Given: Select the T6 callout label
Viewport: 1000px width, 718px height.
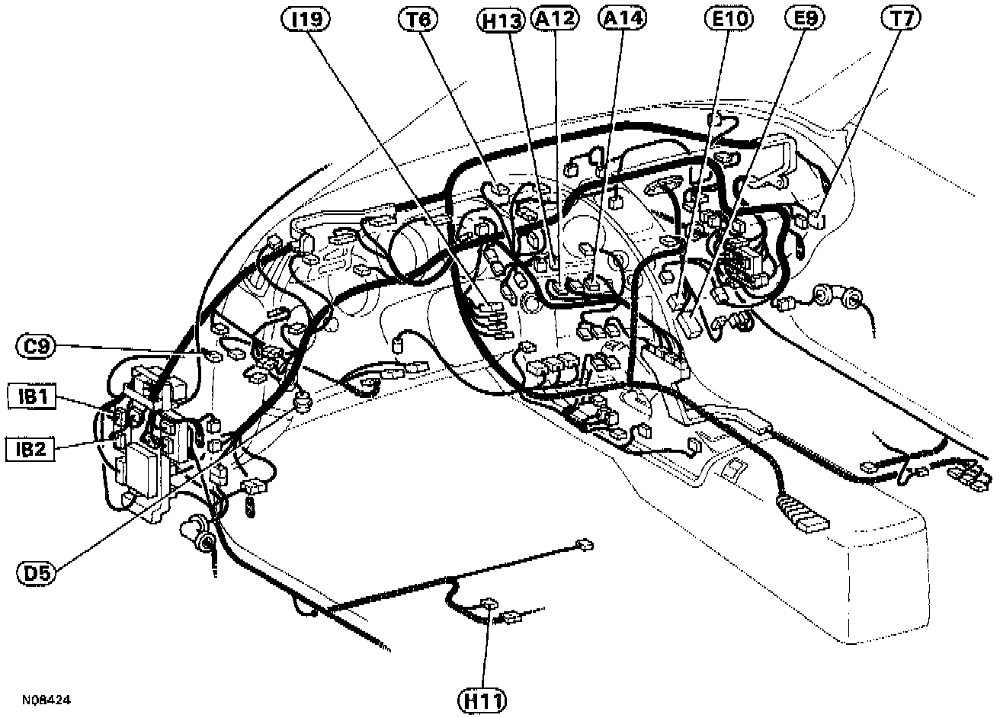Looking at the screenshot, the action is point(417,19).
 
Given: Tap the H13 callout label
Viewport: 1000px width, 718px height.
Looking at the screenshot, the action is point(505,21).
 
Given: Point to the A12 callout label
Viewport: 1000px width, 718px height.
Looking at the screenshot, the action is point(556,19).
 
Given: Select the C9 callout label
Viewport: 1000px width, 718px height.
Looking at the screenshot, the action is point(36,347).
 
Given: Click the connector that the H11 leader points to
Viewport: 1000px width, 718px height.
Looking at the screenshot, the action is point(489,605).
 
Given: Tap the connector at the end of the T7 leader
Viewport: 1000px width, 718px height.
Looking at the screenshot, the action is point(816,221).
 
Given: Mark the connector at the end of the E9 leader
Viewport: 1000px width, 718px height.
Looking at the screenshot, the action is point(689,324).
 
